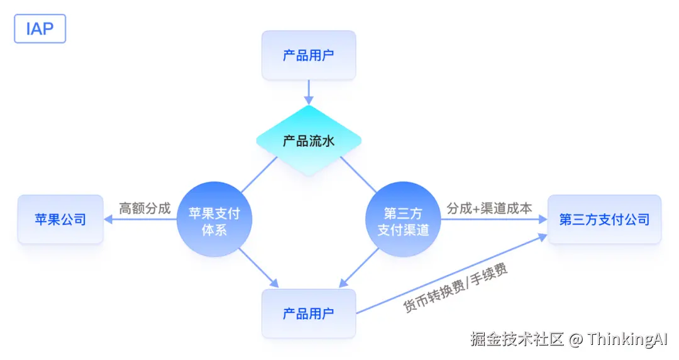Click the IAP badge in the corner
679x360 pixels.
tap(40, 29)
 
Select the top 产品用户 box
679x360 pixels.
tap(309, 55)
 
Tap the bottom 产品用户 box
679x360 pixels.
tap(309, 314)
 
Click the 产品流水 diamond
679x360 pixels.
tap(309, 141)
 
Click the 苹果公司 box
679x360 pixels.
tap(60, 219)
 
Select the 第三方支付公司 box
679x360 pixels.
tap(604, 219)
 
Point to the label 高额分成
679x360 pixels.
tap(145, 208)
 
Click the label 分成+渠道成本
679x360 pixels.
tap(489, 208)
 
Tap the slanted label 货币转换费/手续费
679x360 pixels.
tap(455, 288)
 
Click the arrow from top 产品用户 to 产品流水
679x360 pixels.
tap(309, 92)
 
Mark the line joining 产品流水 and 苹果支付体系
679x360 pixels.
tap(259, 175)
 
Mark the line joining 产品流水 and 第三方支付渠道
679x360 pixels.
tap(358, 175)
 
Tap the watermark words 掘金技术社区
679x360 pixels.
tap(517, 340)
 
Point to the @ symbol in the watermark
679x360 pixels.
tap(577, 340)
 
